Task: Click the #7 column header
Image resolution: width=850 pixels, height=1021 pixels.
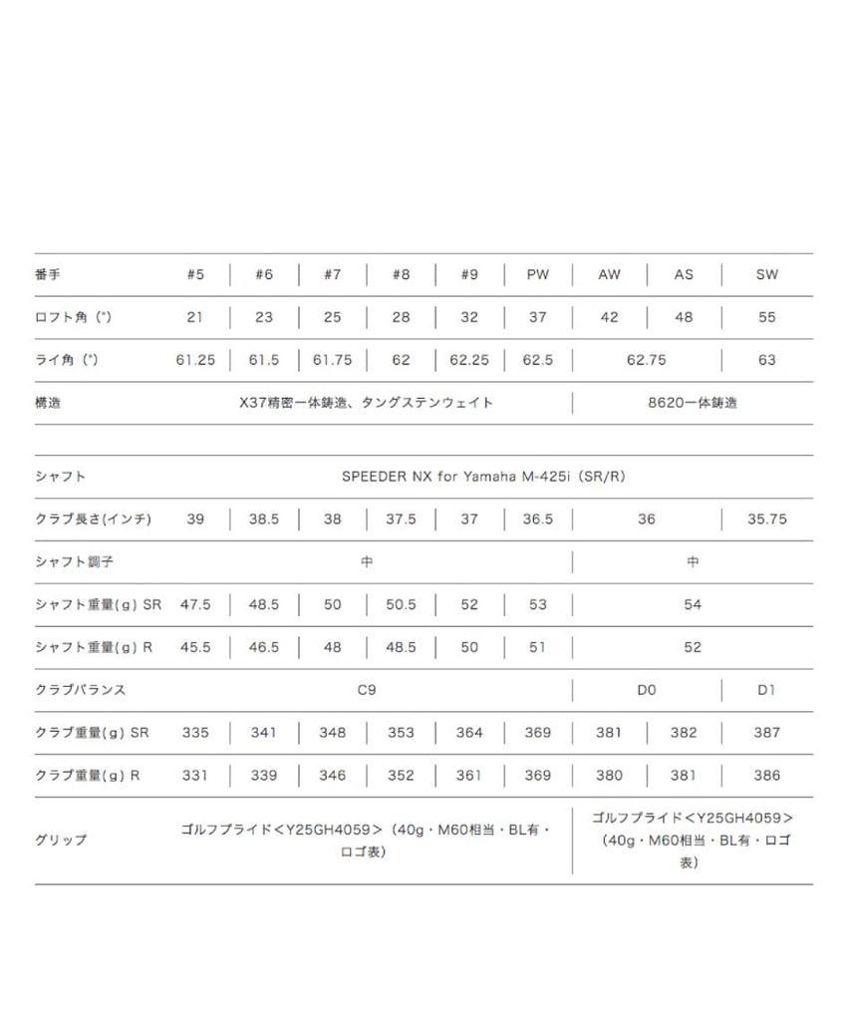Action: [x=332, y=275]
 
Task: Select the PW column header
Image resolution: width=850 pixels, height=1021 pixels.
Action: [x=538, y=275]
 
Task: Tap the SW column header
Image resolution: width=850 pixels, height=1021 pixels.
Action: [x=766, y=275]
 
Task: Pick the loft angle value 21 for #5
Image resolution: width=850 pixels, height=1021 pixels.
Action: [x=195, y=318]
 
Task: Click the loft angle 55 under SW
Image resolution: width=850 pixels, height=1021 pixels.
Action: [x=766, y=318]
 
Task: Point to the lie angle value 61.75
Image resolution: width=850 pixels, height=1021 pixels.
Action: [x=332, y=361]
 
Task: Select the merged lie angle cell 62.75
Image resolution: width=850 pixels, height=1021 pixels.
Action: [x=646, y=361]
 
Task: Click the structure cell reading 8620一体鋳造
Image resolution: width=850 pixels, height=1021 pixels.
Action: [x=693, y=403]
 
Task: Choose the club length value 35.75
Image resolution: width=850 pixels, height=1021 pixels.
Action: [x=766, y=519]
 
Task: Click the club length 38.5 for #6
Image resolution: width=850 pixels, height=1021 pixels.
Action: [x=263, y=519]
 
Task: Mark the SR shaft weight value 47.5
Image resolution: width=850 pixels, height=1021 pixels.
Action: [x=195, y=605]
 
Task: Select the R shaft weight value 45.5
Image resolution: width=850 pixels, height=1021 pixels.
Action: [x=195, y=647]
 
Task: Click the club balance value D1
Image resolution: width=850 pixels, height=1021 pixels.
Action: [x=766, y=690]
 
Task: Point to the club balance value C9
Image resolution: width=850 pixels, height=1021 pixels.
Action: [x=367, y=690]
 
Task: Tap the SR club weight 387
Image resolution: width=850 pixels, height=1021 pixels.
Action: [x=766, y=733]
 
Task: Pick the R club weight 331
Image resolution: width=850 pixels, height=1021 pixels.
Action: [x=195, y=775]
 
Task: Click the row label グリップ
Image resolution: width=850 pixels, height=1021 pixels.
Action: [x=61, y=840]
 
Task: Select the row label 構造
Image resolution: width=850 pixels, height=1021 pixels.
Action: [x=48, y=403]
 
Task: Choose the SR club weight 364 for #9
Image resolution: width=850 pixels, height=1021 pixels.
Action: [x=469, y=733]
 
